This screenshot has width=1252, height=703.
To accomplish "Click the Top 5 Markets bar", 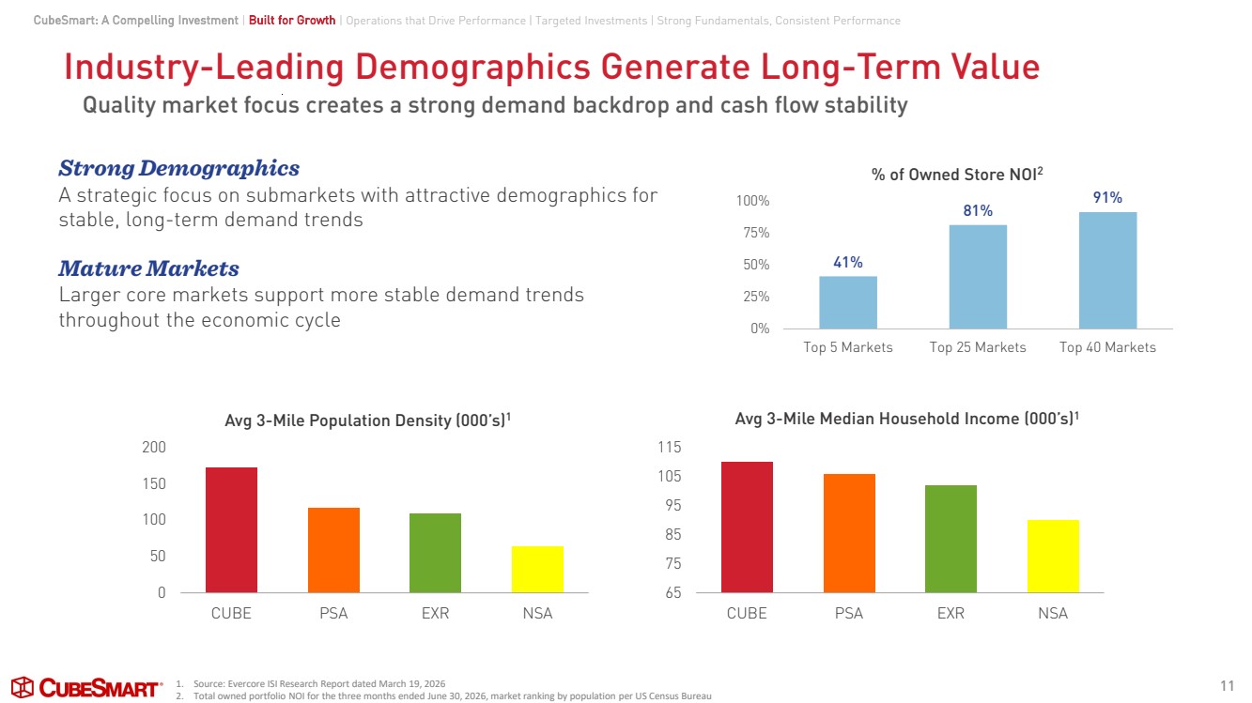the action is click(848, 302).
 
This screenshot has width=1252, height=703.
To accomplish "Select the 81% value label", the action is click(978, 210).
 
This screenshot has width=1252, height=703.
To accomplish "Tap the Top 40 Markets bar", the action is click(1107, 270).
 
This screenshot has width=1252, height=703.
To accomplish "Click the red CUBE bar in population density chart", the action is click(231, 530).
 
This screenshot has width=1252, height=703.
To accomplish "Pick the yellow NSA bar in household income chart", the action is click(1053, 557).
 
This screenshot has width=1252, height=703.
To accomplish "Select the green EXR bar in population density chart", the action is click(436, 553).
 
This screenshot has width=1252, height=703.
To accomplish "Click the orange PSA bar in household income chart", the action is click(849, 533).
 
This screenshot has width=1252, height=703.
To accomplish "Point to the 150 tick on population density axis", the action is click(154, 483).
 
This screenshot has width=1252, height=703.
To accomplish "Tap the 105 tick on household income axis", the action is click(670, 476).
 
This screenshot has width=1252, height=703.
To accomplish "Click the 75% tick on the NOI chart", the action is click(756, 233).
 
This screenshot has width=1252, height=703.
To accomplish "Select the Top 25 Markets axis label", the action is click(978, 347).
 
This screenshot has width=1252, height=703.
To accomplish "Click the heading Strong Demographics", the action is click(178, 169).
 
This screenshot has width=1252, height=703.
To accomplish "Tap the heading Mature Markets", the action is click(148, 268).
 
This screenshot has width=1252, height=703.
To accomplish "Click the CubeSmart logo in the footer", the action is click(86, 687).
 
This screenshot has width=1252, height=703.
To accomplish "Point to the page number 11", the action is click(1227, 686).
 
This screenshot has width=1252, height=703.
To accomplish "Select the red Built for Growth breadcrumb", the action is click(292, 21).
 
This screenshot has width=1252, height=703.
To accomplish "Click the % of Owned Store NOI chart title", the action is click(957, 175).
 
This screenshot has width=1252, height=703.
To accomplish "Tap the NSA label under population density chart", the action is click(537, 613).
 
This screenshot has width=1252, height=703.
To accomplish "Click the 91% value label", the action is click(1107, 197).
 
